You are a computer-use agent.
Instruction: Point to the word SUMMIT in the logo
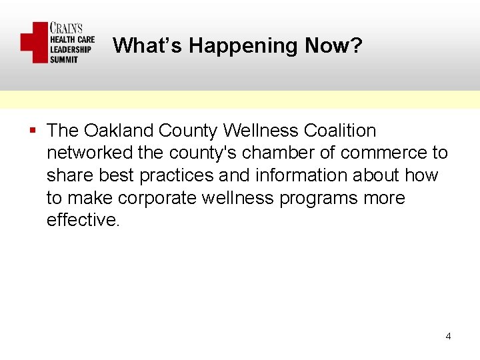pyautogui.click(x=64, y=59)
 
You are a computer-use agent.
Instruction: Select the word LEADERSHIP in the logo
pyautogui.click(x=70, y=49)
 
